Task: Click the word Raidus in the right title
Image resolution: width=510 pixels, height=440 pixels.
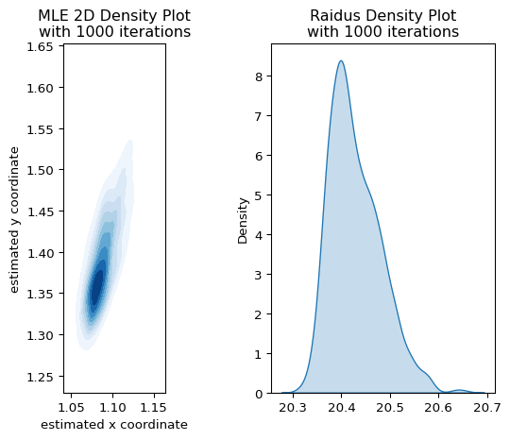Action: [x=334, y=16]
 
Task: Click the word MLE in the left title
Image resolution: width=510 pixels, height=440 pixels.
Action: [x=51, y=16]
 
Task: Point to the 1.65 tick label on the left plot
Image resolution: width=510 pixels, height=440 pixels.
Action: [x=40, y=47]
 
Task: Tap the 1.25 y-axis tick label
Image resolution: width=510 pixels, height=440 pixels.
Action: [x=40, y=378]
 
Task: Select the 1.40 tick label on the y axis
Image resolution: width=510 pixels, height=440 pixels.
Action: [x=40, y=253]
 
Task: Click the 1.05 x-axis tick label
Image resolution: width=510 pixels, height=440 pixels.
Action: [x=71, y=407]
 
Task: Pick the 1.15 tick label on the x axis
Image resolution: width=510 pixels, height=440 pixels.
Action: [x=154, y=407]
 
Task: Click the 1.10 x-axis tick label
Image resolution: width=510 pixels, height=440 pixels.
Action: [x=112, y=407]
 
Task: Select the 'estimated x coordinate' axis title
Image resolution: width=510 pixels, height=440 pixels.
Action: [x=114, y=424]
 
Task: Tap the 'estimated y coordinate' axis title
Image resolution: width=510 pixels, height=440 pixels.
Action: [x=14, y=221]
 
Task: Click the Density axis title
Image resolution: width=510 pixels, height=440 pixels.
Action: [x=243, y=221]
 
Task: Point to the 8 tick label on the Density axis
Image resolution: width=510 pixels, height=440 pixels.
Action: [x=259, y=76]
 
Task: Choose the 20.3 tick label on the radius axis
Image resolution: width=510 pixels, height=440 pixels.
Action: [x=293, y=407]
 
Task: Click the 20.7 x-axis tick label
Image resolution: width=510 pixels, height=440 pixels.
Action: [x=487, y=407]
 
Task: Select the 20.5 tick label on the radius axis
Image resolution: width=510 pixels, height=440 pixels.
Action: [x=390, y=407]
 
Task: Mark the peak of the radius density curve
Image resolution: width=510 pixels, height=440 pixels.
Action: [x=341, y=60]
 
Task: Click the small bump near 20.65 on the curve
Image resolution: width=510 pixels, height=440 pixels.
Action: [x=459, y=390]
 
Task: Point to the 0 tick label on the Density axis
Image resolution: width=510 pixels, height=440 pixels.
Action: [x=259, y=394]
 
